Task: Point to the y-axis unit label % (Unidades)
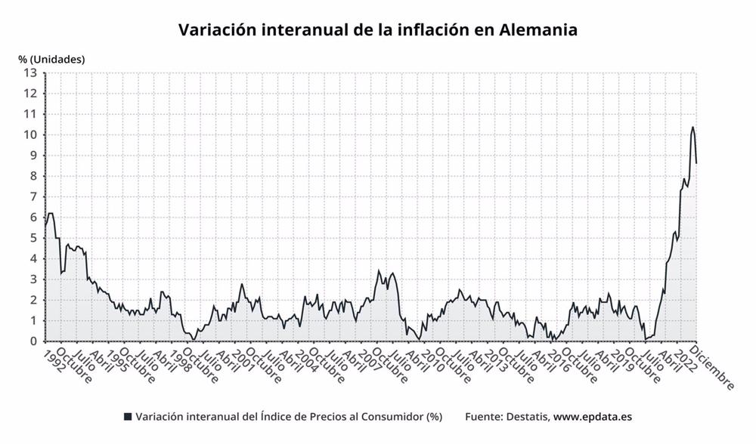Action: coord(52,59)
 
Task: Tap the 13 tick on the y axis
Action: coord(30,73)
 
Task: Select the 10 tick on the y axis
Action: coord(30,135)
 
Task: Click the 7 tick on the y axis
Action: coord(33,197)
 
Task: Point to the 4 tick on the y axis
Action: coord(33,259)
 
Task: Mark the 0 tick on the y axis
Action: coord(33,341)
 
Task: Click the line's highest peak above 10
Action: coord(692,127)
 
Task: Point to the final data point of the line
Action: coord(696,162)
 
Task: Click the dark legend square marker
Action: coord(128,417)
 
